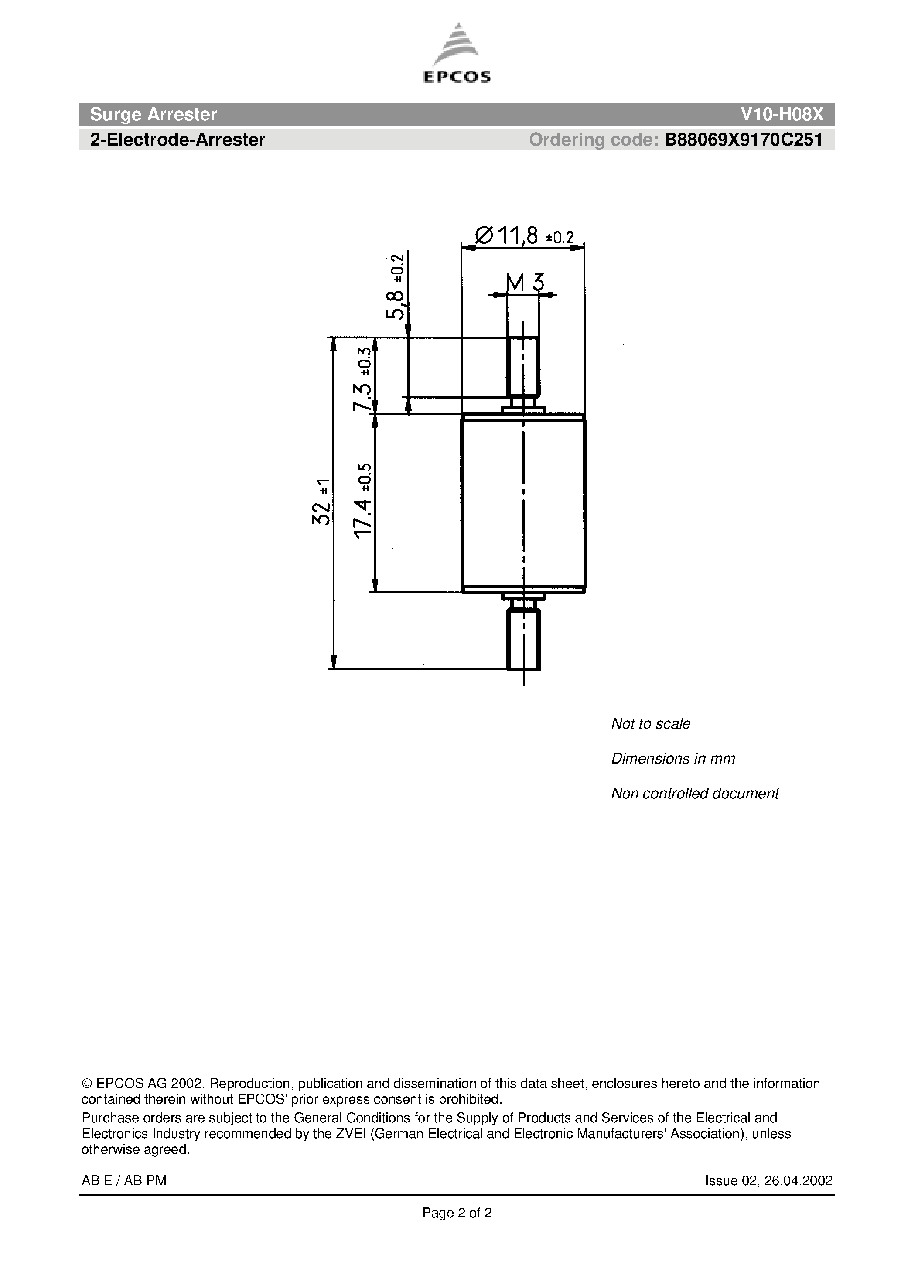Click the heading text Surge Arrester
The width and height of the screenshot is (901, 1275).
coord(154,114)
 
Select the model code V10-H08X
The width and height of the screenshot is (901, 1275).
coord(782,114)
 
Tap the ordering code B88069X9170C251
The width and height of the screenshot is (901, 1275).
coord(743,140)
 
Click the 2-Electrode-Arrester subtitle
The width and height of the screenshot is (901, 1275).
coord(177,140)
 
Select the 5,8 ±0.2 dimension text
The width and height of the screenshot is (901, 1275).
coord(396,286)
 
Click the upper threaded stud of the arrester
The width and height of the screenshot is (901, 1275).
coord(523,365)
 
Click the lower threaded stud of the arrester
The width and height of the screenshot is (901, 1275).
coord(523,639)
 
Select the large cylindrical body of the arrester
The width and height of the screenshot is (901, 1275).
coord(523,503)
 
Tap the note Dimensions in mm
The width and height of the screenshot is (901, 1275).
coord(672,759)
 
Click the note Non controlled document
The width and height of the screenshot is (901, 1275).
coord(694,793)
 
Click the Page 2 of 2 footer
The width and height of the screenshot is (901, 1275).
coord(457,1213)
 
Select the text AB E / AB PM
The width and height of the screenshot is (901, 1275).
coord(124,1181)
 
